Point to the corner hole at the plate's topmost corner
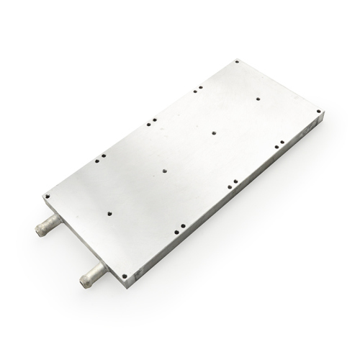(236, 63)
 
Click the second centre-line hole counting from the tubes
(164, 171)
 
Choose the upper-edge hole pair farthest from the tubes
(197, 89)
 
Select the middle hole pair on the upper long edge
(149, 122)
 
